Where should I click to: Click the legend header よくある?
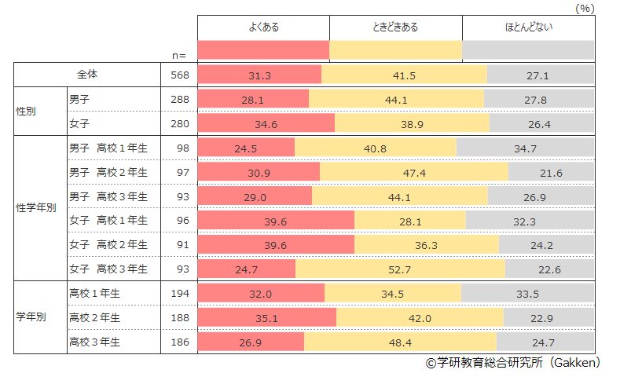pyautogui.click(x=263, y=27)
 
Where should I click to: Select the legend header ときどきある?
pyautogui.click(x=395, y=27)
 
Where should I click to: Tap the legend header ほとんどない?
pyautogui.click(x=528, y=27)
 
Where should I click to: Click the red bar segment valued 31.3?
pyautogui.click(x=259, y=75)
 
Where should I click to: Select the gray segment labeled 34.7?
pyautogui.click(x=524, y=148)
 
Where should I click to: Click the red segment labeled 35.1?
pyautogui.click(x=267, y=318)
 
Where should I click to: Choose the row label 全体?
pyautogui.click(x=87, y=75)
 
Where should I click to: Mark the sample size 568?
pyautogui.click(x=180, y=75)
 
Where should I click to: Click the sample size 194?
pyautogui.click(x=180, y=294)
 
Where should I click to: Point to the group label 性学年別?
pyautogui.click(x=31, y=209)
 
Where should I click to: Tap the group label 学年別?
pyautogui.click(x=31, y=318)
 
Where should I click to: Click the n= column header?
pyautogui.click(x=179, y=55)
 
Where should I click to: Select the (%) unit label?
pyautogui.click(x=585, y=8)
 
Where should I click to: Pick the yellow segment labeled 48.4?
pyautogui.click(x=400, y=342)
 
